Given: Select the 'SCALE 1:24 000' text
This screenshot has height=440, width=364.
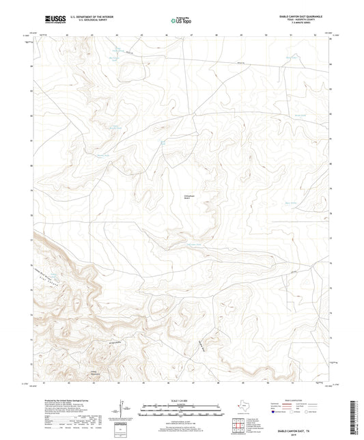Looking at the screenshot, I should (181, 401).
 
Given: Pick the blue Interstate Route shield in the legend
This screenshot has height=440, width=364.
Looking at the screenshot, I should (275, 413).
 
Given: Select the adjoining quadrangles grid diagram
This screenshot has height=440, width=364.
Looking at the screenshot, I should (239, 425).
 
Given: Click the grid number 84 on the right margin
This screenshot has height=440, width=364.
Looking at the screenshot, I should (331, 64).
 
